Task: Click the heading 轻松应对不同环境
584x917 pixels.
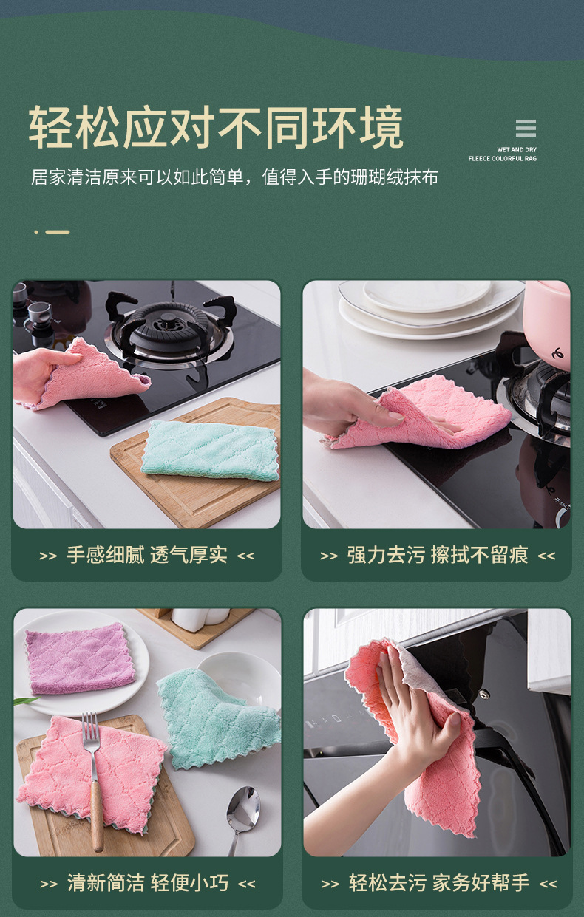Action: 216,129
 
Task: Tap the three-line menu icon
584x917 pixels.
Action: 526,129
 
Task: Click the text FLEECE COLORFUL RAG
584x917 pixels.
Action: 502,159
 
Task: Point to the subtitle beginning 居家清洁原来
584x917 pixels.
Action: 234,177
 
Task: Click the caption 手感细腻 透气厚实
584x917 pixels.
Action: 146,556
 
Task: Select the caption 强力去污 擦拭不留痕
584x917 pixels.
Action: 437,556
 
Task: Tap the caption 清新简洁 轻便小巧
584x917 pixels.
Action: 147,883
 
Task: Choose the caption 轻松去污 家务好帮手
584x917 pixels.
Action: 439,883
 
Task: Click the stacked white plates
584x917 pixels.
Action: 429,303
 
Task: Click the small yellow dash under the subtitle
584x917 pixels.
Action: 57,232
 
